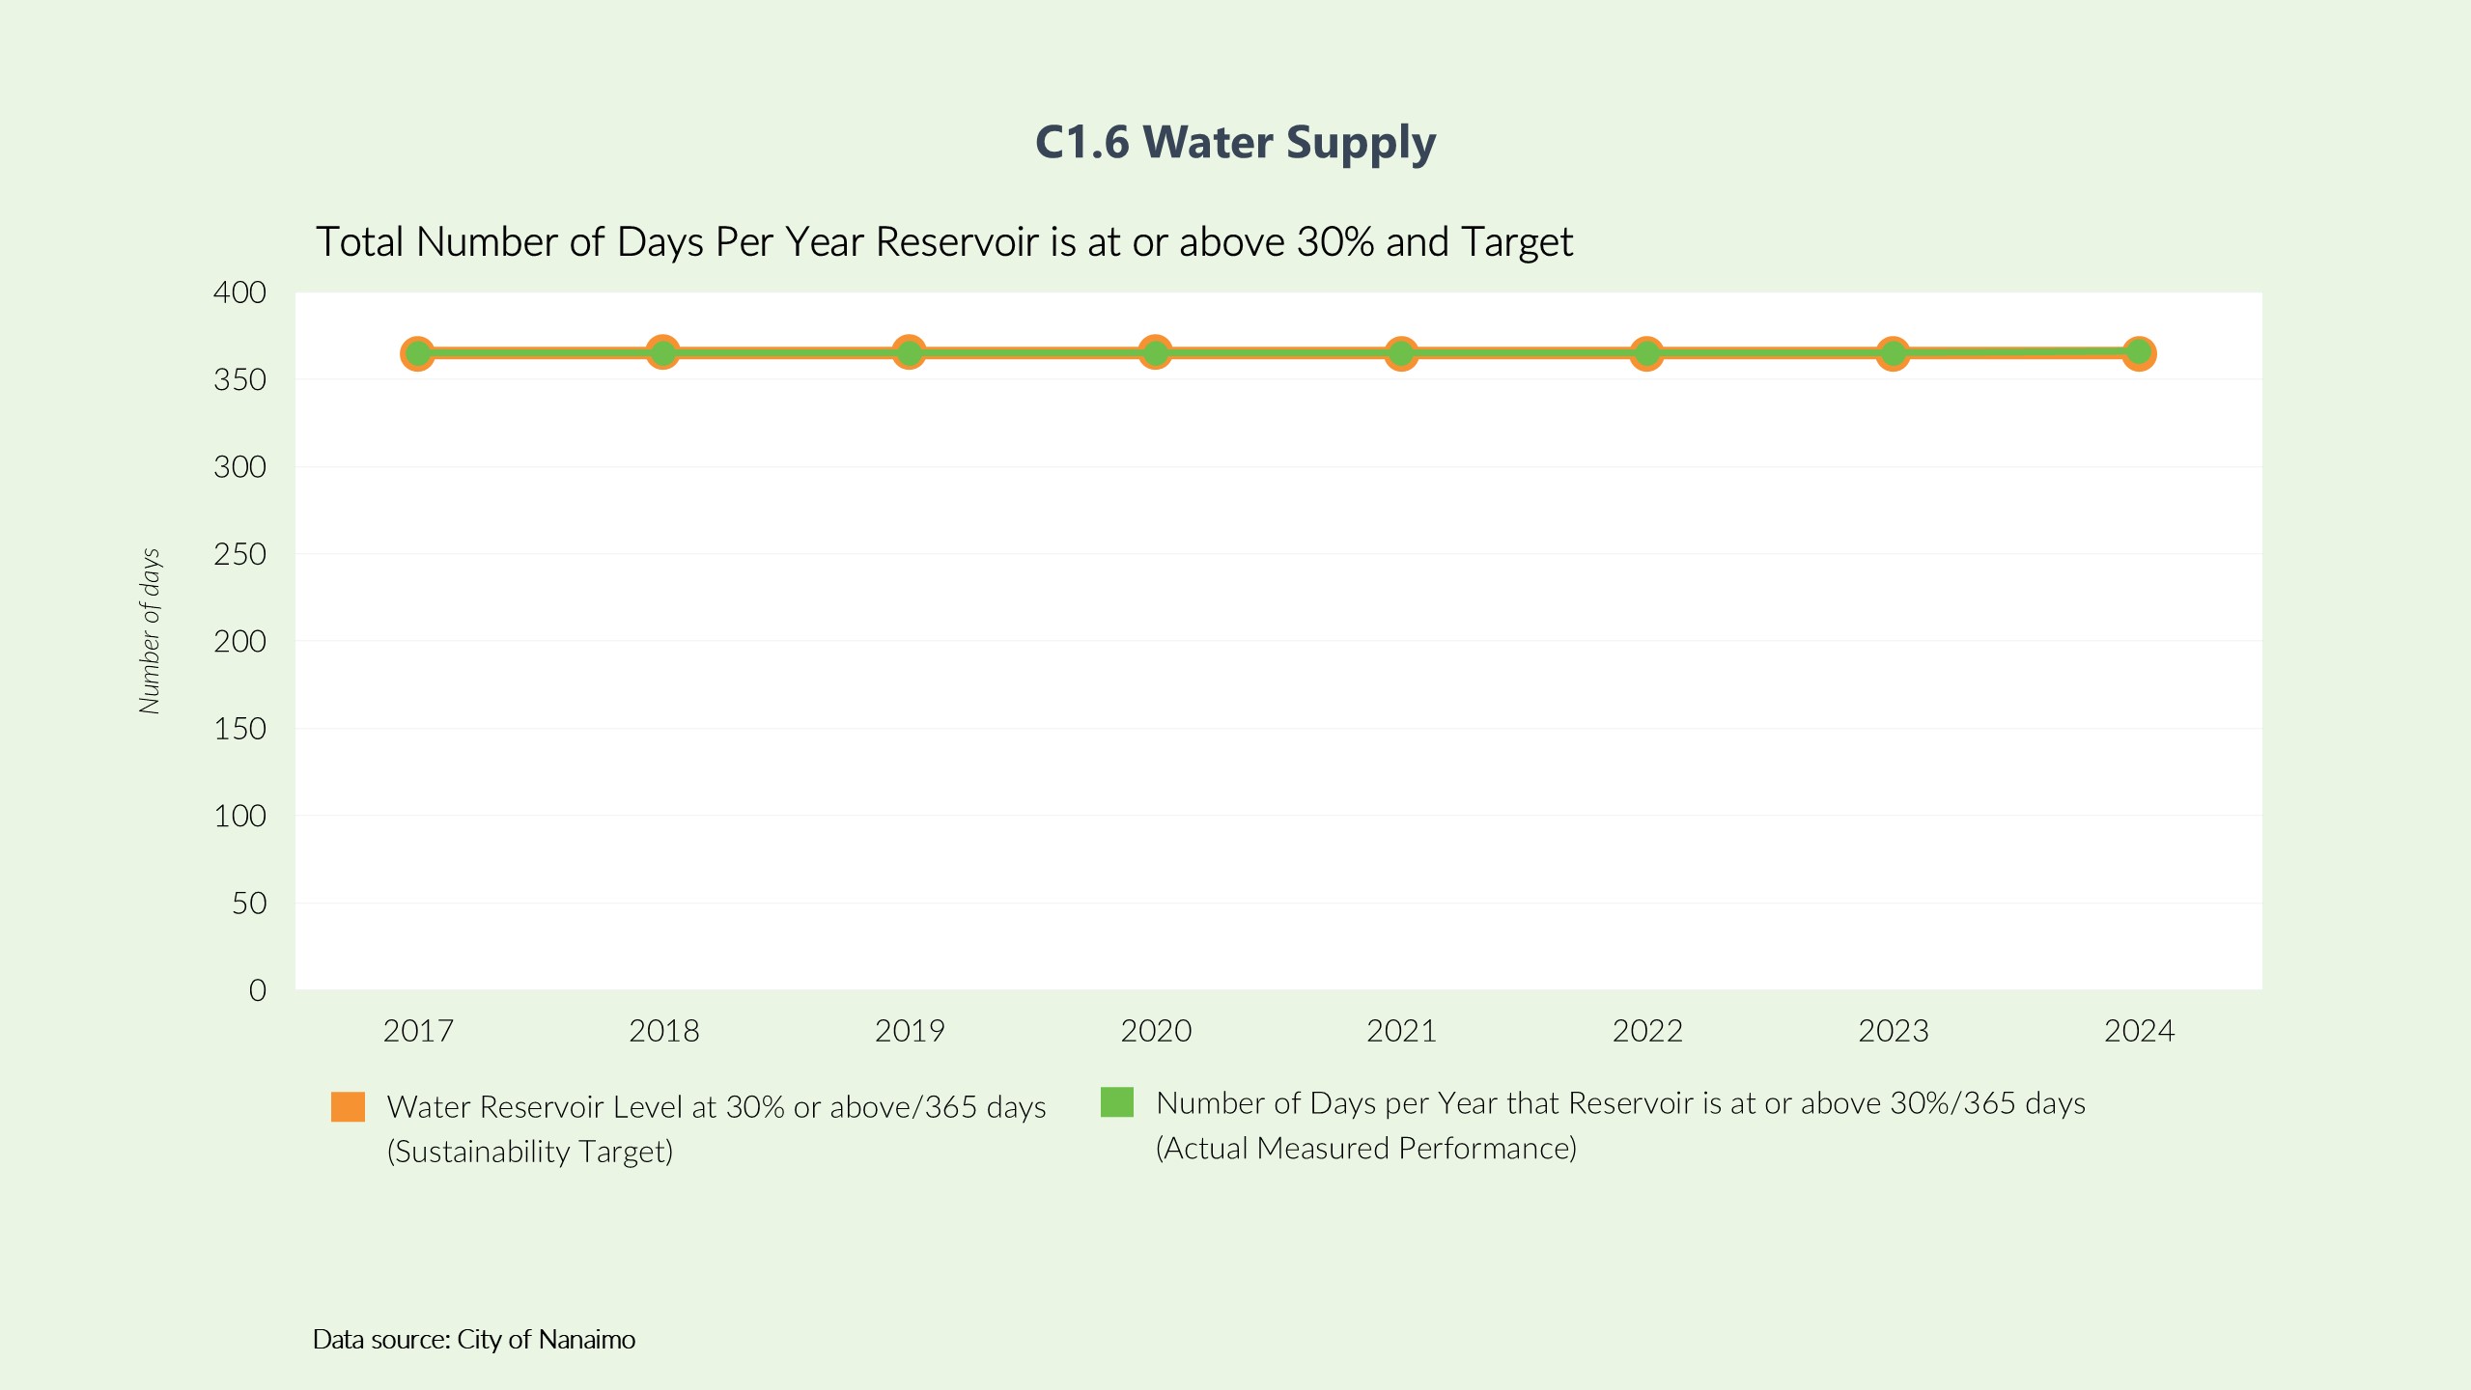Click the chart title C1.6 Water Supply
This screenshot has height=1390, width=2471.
pyautogui.click(x=1235, y=143)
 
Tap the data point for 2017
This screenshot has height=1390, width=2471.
pyautogui.click(x=417, y=354)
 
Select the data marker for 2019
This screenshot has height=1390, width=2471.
pyautogui.click(x=909, y=353)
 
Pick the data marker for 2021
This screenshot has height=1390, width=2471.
pyautogui.click(x=1401, y=354)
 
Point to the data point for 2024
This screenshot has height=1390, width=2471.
pyautogui.click(x=2139, y=354)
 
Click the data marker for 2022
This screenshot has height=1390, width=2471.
pyautogui.click(x=1646, y=354)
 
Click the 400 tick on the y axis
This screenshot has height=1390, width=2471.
pyautogui.click(x=239, y=292)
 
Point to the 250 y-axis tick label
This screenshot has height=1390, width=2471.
pyautogui.click(x=239, y=554)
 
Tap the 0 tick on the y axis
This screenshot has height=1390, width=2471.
pyautogui.click(x=257, y=990)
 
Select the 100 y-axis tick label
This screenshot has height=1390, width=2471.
pyautogui.click(x=239, y=817)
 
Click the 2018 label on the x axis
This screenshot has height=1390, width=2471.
pyautogui.click(x=663, y=1031)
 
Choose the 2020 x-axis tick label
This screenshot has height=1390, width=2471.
pyautogui.click(x=1156, y=1031)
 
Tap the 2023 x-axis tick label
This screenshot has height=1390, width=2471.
pyautogui.click(x=1893, y=1031)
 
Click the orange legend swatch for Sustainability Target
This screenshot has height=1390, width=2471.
pyautogui.click(x=348, y=1107)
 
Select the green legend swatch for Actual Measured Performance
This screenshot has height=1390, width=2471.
pyautogui.click(x=1116, y=1102)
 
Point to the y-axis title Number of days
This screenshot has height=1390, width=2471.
pyautogui.click(x=150, y=631)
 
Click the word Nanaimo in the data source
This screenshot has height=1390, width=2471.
pyautogui.click(x=586, y=1340)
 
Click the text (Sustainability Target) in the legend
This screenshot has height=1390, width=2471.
pyautogui.click(x=529, y=1152)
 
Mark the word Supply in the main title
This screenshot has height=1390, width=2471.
pyautogui.click(x=1361, y=143)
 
